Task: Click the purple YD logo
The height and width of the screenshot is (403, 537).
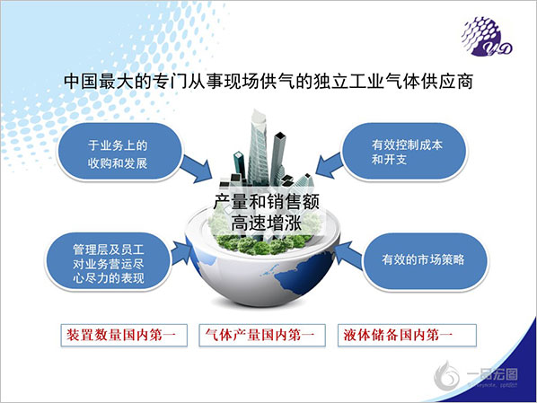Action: click(x=487, y=37)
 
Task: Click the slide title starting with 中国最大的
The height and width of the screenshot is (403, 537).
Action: click(x=268, y=82)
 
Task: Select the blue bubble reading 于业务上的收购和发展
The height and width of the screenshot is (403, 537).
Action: click(x=119, y=153)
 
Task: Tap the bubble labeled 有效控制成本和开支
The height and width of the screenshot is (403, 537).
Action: click(x=405, y=152)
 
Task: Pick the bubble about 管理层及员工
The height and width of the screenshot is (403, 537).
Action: click(x=109, y=263)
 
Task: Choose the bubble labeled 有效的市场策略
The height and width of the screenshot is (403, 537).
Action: click(x=425, y=261)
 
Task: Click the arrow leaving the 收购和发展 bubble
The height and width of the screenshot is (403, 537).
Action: click(x=197, y=168)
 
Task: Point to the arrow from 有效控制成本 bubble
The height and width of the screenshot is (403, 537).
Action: click(x=329, y=165)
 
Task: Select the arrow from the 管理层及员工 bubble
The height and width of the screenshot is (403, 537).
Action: click(x=180, y=253)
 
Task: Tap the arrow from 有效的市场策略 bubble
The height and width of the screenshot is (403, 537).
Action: click(x=349, y=254)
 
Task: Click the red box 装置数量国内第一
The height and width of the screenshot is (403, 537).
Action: click(x=124, y=335)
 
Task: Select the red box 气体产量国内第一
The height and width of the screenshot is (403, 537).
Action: click(x=262, y=335)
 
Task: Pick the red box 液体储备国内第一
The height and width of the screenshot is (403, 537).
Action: click(x=407, y=335)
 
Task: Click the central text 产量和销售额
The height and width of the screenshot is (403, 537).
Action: click(x=267, y=201)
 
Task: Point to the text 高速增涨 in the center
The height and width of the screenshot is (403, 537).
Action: click(x=267, y=223)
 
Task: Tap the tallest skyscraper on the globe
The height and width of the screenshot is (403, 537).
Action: click(x=258, y=148)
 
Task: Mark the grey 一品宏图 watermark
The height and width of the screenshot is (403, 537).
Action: click(x=476, y=376)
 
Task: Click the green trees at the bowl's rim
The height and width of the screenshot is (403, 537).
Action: click(x=262, y=244)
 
